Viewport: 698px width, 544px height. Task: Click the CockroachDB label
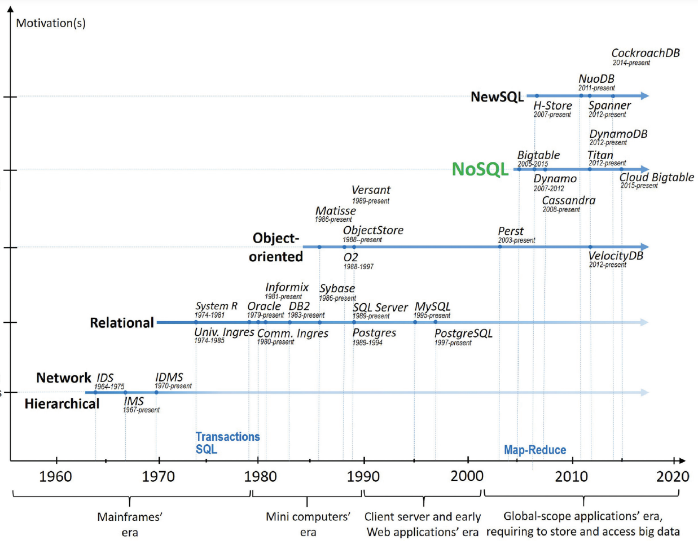point(646,53)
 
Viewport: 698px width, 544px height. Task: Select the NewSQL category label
point(497,97)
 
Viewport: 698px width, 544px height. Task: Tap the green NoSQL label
point(480,169)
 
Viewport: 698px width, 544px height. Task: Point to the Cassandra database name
point(568,200)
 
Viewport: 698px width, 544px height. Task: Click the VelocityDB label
point(616,256)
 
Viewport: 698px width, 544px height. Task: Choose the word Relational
point(122,323)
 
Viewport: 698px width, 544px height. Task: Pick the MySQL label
point(432,307)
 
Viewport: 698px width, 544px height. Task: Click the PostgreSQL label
point(463,334)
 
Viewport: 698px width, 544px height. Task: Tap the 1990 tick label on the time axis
point(362,476)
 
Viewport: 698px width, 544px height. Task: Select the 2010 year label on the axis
point(571,476)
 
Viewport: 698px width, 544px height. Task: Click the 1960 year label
point(55,476)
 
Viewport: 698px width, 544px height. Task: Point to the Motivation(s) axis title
point(51,23)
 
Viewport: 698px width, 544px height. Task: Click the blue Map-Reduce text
point(535,450)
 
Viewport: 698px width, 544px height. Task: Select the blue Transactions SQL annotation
point(227,442)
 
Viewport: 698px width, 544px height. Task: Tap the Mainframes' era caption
point(130,524)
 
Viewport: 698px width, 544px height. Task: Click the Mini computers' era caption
point(308,524)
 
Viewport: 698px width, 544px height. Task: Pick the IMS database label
point(134,401)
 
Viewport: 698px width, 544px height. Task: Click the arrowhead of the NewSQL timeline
point(644,96)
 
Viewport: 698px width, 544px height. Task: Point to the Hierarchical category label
point(62,403)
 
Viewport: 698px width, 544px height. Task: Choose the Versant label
point(371,190)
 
